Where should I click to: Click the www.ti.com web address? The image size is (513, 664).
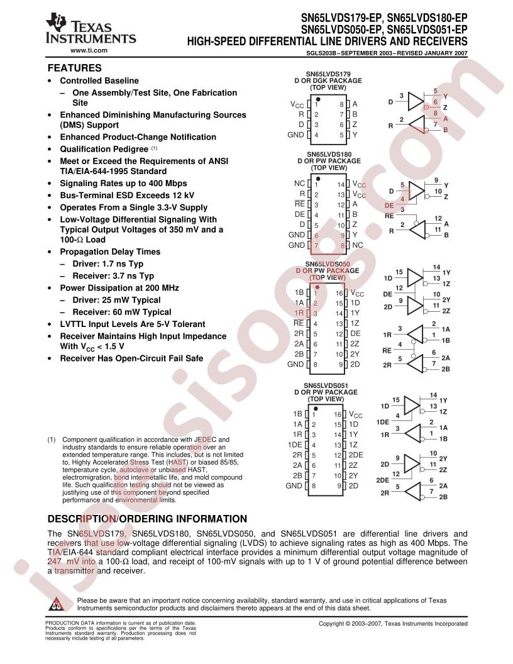click(89, 50)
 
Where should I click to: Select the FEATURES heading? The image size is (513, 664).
click(74, 68)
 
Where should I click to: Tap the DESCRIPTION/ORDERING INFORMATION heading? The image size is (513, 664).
click(147, 519)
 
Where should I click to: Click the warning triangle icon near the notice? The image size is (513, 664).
click(57, 604)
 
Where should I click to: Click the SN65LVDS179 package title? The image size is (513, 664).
click(328, 74)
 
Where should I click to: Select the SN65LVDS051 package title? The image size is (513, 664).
click(326, 386)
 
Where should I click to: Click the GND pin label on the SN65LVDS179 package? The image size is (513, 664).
click(295, 135)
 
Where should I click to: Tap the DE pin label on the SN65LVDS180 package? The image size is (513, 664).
click(300, 214)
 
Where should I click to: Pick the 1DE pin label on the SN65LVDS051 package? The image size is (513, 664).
click(295, 445)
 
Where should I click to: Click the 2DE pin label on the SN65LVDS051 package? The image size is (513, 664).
click(356, 455)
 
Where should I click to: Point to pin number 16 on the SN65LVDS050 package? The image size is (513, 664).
click(339, 293)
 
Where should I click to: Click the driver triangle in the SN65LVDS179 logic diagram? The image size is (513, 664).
click(416, 102)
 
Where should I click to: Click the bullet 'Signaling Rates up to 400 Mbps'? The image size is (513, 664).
click(123, 184)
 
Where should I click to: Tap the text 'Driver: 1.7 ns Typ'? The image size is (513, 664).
click(108, 264)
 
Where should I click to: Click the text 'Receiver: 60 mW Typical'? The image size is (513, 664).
click(122, 312)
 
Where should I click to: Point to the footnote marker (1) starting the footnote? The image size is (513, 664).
click(51, 440)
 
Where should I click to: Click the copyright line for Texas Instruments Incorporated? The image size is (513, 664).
click(393, 623)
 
